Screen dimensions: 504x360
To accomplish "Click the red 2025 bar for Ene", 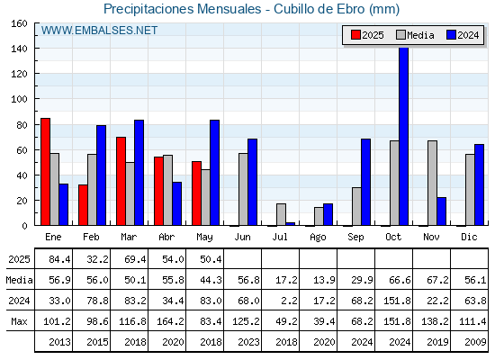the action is pyautogui.click(x=45, y=172).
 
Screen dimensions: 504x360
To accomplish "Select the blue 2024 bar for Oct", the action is pyautogui.click(x=404, y=136).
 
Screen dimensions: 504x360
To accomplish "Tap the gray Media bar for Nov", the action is pyautogui.click(x=432, y=183).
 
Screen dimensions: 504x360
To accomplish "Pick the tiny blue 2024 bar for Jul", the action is pyautogui.click(x=290, y=224).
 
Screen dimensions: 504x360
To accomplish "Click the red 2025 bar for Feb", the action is pyautogui.click(x=83, y=205).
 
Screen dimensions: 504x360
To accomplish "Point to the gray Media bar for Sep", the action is pyautogui.click(x=356, y=206).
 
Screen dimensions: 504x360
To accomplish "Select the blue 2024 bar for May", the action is pyautogui.click(x=215, y=173).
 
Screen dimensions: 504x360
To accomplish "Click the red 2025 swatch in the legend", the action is pyautogui.click(x=355, y=35).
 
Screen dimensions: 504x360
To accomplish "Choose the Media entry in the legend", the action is pyautogui.click(x=415, y=35).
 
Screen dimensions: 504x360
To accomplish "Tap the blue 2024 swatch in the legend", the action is pyautogui.click(x=451, y=35).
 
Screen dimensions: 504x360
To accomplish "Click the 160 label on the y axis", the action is pyautogui.click(x=19, y=23).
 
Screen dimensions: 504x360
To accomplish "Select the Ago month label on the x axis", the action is pyautogui.click(x=318, y=238).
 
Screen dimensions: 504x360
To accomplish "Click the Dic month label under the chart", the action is pyautogui.click(x=469, y=237).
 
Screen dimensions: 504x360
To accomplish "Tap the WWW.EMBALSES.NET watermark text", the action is pyautogui.click(x=99, y=31).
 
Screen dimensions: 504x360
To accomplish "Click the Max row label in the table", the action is pyautogui.click(x=19, y=321).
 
